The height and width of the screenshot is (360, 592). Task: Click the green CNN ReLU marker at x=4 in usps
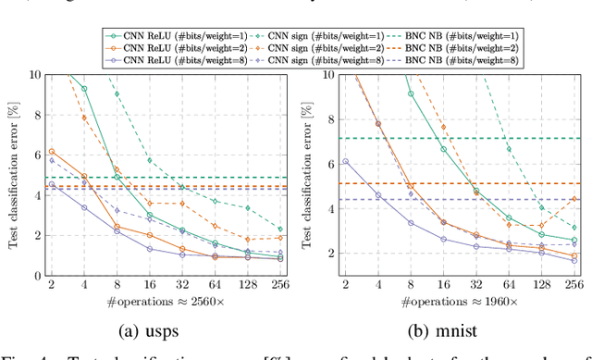(x=84, y=89)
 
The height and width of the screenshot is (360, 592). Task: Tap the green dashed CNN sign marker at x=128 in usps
(x=247, y=208)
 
